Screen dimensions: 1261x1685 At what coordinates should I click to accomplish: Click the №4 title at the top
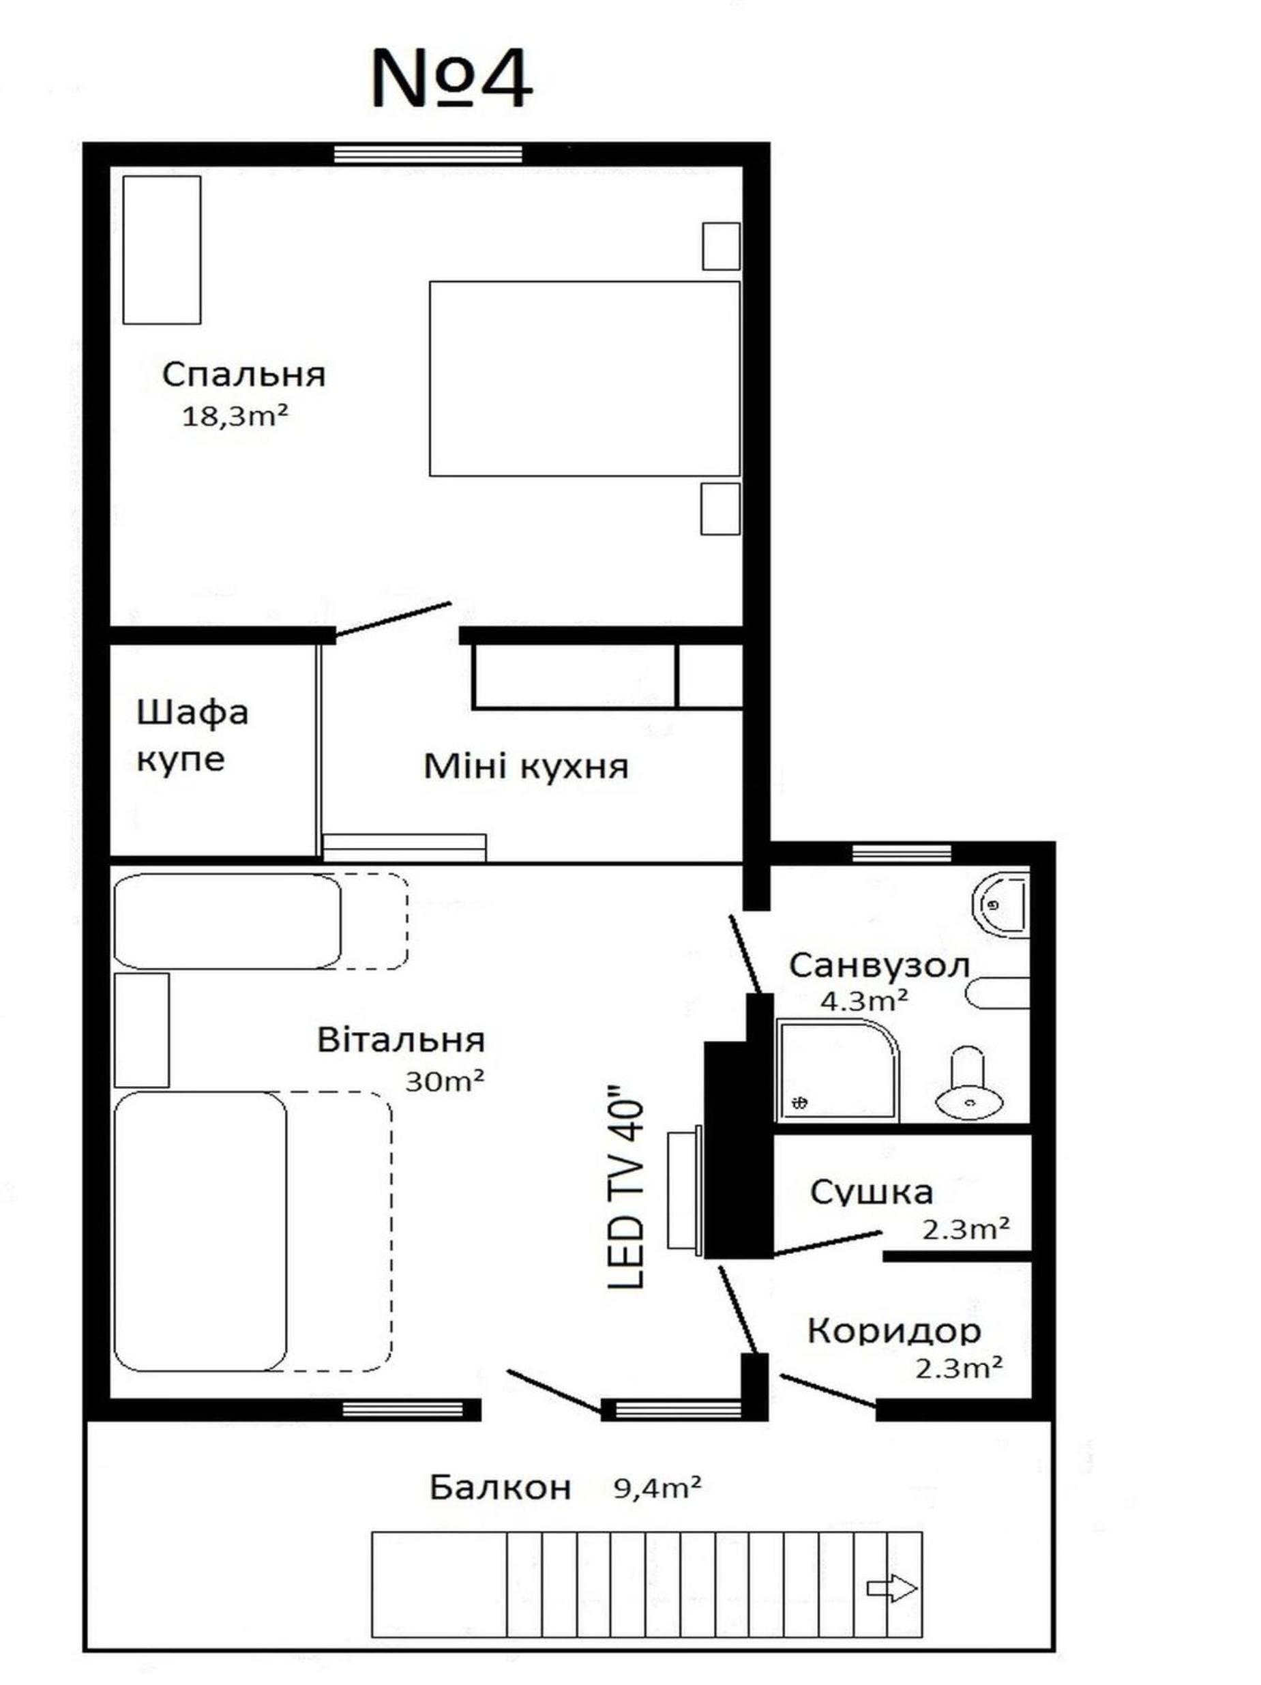click(x=451, y=79)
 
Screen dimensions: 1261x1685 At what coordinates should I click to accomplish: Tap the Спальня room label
click(x=243, y=374)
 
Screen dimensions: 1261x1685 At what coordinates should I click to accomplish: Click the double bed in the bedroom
click(x=584, y=379)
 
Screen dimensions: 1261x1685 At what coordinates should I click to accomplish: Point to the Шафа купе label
click(x=192, y=736)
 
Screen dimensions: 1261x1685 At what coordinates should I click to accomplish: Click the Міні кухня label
click(x=525, y=766)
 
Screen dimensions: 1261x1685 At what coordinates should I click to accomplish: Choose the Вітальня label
click(x=400, y=1040)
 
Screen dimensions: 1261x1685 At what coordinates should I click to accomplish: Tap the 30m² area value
click(x=444, y=1082)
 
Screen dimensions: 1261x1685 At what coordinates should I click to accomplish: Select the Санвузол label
click(x=880, y=966)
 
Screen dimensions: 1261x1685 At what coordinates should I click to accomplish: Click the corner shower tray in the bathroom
click(x=837, y=1071)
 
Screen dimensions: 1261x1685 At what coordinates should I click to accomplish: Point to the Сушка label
click(x=871, y=1192)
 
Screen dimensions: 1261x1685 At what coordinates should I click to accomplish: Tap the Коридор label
click(x=894, y=1331)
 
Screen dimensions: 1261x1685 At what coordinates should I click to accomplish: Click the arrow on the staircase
click(x=891, y=1589)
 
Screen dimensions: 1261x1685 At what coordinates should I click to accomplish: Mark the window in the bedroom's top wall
click(x=428, y=155)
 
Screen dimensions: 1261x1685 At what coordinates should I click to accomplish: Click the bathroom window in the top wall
click(x=902, y=854)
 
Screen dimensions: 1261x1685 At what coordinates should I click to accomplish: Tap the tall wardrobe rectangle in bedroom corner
click(x=162, y=250)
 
